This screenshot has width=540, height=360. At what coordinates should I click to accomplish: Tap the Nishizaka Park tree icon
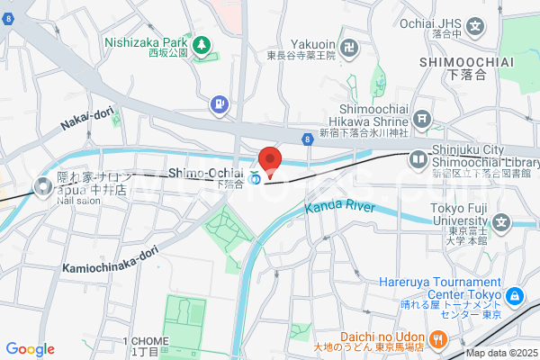click(x=203, y=42)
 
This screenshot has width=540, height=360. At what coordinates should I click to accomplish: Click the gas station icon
click(x=219, y=105)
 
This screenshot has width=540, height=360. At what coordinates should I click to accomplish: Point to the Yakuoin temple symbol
click(x=350, y=44)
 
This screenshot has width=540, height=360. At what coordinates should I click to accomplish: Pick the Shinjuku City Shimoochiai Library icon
click(x=418, y=159)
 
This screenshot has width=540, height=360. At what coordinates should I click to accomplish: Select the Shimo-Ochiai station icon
click(x=256, y=177)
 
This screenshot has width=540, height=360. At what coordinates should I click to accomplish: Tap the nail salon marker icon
click(x=41, y=187)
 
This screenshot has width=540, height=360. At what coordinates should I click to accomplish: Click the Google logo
click(x=30, y=349)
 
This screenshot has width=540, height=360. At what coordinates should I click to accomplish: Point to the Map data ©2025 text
click(x=501, y=354)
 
